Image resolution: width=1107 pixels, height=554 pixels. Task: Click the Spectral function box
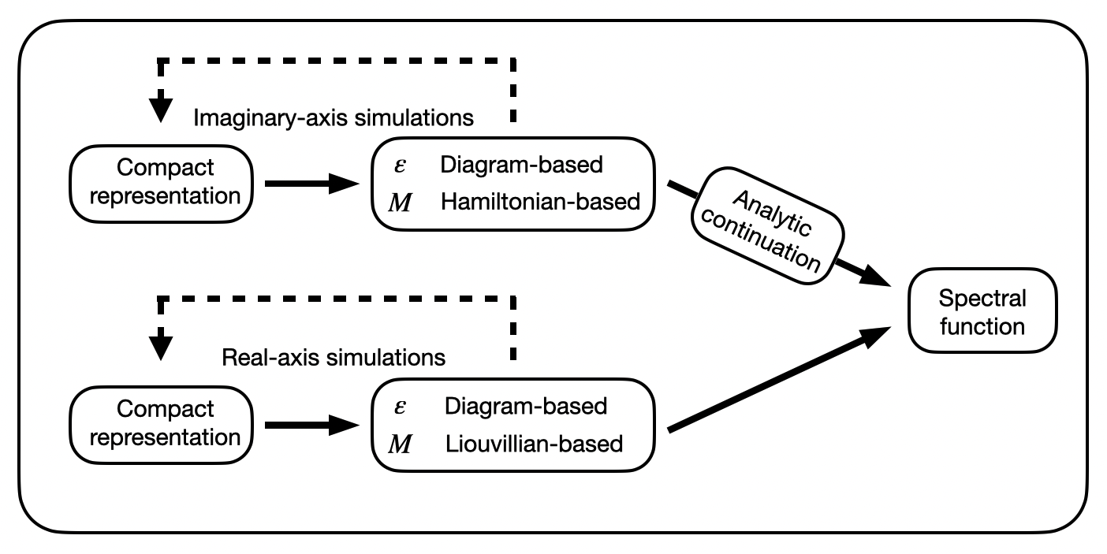click(x=982, y=310)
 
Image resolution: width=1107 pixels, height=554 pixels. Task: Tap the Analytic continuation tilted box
click(x=767, y=226)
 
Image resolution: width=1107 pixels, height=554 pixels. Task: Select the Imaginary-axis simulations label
click(x=334, y=118)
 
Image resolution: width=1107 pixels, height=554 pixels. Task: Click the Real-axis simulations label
click(x=334, y=357)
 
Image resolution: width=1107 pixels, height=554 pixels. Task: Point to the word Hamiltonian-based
click(x=540, y=202)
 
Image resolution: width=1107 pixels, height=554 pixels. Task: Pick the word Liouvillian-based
click(x=534, y=444)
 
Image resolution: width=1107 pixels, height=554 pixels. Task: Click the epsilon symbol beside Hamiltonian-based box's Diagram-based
click(x=400, y=166)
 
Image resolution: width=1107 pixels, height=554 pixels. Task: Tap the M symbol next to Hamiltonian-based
click(x=401, y=203)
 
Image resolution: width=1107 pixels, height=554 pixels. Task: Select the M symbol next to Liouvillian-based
click(x=401, y=444)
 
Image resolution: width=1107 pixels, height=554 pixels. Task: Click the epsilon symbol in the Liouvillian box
click(x=400, y=407)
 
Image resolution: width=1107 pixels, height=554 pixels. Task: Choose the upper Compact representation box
click(x=162, y=184)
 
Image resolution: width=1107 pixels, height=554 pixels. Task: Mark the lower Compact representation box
click(x=162, y=425)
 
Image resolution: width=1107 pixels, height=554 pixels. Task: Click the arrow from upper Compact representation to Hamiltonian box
click(x=312, y=184)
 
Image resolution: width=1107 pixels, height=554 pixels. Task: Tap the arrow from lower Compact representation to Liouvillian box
click(x=312, y=425)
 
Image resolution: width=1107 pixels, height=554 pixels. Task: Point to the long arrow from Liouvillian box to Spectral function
click(x=779, y=379)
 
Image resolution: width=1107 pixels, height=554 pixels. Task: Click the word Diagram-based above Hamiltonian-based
click(x=521, y=165)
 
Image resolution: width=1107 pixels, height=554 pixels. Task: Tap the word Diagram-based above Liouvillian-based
click(x=526, y=407)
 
